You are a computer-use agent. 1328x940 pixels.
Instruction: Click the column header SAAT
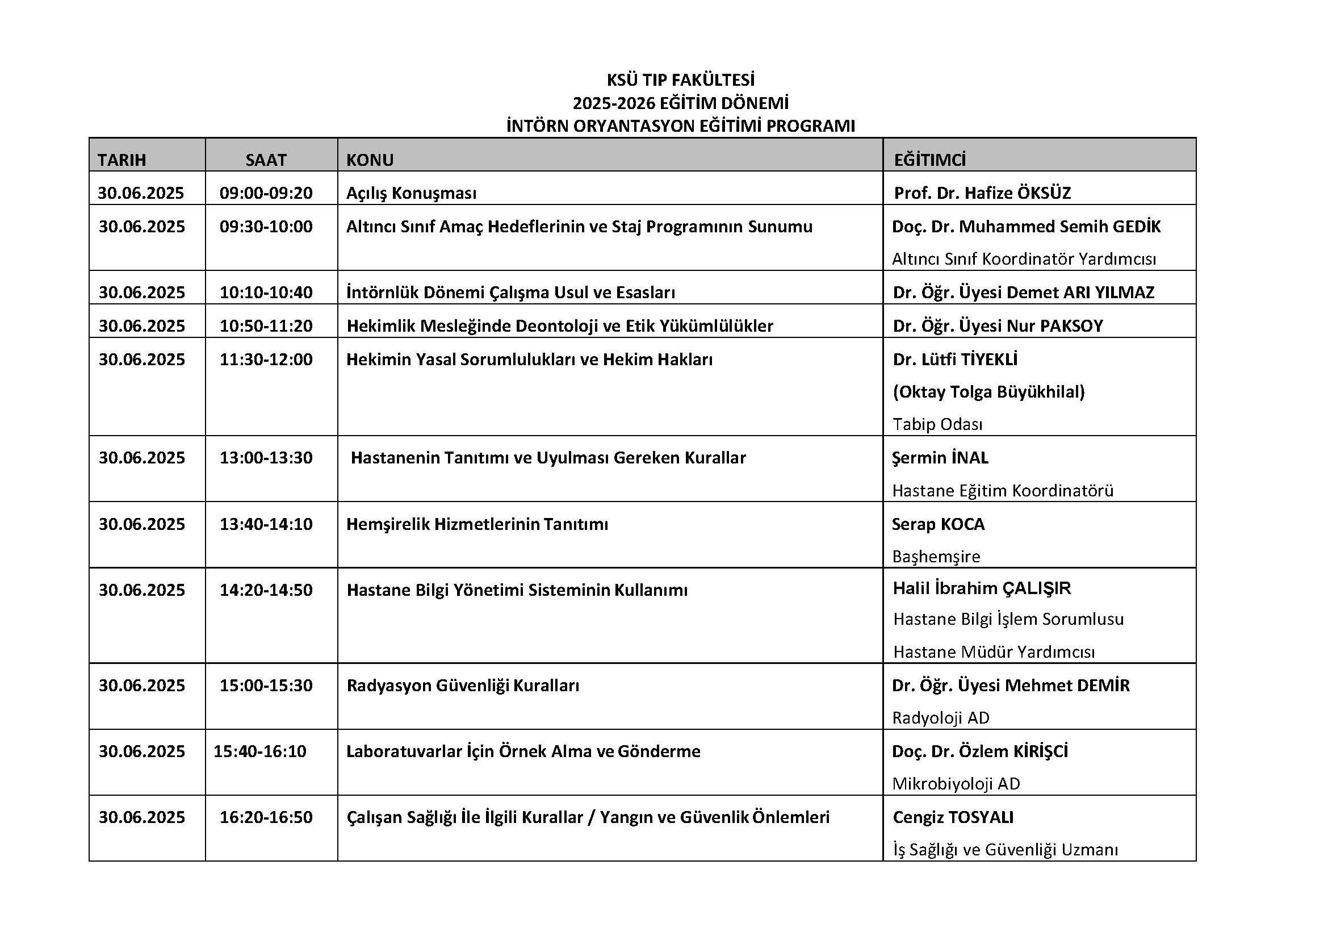tap(266, 160)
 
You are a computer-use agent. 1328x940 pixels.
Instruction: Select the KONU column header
tap(370, 160)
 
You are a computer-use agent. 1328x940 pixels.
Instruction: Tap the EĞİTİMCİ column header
tap(930, 160)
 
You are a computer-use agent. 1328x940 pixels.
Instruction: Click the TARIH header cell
tap(122, 160)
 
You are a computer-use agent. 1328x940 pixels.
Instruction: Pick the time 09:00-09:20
tap(266, 193)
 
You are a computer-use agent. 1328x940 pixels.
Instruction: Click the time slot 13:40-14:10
tap(266, 524)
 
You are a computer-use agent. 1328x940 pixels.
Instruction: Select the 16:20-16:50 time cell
tap(266, 817)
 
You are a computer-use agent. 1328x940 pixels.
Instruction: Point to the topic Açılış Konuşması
tap(411, 193)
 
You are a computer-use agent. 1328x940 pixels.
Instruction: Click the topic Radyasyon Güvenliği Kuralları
tap(463, 685)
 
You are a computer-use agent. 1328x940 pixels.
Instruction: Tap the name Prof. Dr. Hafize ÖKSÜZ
tap(982, 193)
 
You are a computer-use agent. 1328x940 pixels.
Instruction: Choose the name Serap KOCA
tap(938, 524)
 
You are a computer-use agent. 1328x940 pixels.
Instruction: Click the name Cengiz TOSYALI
tap(953, 817)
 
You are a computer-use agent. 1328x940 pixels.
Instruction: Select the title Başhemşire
tap(936, 556)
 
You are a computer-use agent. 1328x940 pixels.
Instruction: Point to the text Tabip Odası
tap(937, 424)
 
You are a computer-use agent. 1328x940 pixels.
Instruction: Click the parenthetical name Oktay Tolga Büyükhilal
tap(988, 392)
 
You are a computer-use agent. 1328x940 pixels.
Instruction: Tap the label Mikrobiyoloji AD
tap(956, 783)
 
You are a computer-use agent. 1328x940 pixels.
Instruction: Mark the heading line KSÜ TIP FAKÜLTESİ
tap(681, 80)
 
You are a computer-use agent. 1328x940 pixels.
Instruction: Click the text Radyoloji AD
tap(941, 718)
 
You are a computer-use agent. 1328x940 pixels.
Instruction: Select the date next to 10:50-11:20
tap(142, 325)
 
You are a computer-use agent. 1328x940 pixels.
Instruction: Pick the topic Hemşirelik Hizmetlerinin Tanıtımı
tap(477, 524)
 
